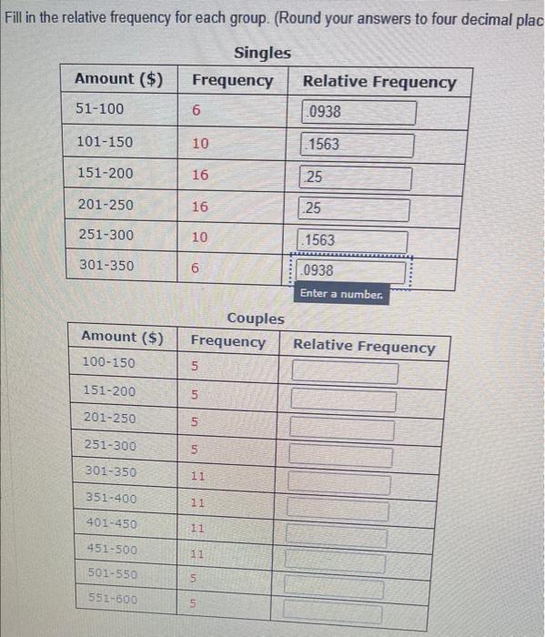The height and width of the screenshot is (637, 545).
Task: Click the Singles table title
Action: [x=262, y=53]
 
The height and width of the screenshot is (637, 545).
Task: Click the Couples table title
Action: [x=255, y=318]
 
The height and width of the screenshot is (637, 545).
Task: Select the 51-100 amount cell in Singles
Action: [x=100, y=109]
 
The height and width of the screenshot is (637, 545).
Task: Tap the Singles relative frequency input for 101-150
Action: [x=358, y=145]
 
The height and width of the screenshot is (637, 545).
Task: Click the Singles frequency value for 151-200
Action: [x=200, y=175]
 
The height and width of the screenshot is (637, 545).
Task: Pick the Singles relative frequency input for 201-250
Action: [x=355, y=208]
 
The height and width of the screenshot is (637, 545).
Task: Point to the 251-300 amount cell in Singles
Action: [x=106, y=235]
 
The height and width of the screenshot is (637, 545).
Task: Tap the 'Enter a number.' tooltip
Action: [x=341, y=294]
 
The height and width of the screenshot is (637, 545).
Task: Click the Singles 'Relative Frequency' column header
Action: [x=379, y=82]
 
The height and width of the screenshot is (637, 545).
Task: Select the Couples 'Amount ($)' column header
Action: [x=123, y=337]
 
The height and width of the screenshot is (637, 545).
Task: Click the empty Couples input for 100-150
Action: [x=345, y=373]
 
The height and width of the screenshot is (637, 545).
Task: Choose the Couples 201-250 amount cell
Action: [x=109, y=418]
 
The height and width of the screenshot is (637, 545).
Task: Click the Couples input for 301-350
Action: [x=340, y=484]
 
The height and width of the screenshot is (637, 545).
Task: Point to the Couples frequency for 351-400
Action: [x=197, y=501]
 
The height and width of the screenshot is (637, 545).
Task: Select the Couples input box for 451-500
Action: [x=336, y=563]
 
